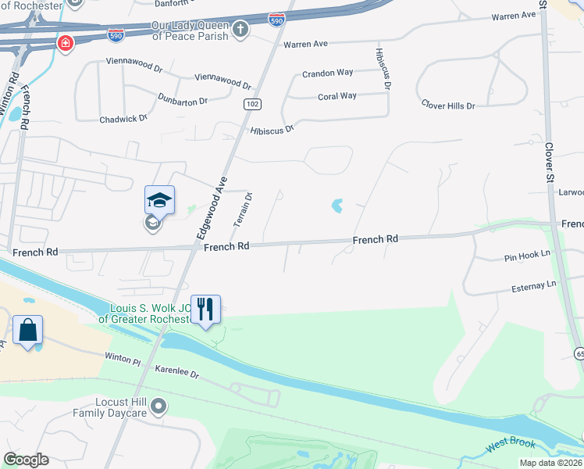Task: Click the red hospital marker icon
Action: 65,42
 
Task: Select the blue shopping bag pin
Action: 28,330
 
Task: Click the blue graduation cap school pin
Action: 159,201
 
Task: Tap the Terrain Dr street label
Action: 243,209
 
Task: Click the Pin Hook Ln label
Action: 527,255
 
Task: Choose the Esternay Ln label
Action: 529,286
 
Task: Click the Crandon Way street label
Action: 328,73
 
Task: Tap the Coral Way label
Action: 337,96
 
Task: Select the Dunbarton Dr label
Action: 183,100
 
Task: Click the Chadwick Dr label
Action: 123,119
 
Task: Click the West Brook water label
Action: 511,444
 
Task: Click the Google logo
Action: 26,460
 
